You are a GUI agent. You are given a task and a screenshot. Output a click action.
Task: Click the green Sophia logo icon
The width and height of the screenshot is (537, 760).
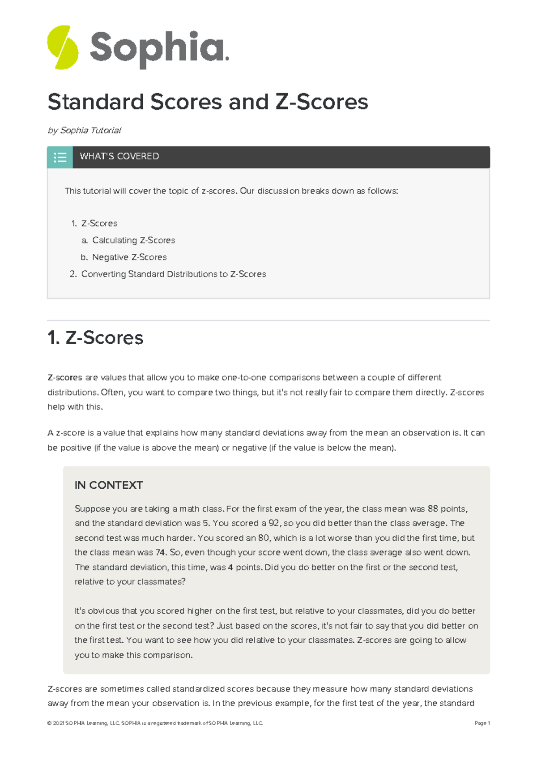point(63,47)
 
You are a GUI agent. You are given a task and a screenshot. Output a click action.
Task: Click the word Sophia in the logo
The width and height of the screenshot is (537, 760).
point(159,48)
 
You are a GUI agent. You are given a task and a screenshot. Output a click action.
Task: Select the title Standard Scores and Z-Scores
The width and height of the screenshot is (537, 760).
point(208,102)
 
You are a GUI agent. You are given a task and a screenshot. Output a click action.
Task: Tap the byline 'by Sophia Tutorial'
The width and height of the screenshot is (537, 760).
point(84,130)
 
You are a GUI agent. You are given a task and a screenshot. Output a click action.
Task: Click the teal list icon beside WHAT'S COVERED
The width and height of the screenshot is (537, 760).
point(60,157)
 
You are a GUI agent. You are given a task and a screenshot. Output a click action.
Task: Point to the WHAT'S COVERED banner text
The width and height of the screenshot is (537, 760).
point(119,156)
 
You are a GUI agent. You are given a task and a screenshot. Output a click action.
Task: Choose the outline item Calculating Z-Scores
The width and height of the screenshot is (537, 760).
point(133,240)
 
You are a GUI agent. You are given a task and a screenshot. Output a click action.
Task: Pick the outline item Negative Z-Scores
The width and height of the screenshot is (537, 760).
point(129,257)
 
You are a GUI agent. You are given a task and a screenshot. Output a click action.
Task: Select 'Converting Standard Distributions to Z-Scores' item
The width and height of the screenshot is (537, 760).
point(174,274)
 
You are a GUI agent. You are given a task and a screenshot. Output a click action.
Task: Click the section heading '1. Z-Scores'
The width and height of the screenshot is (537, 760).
point(95,337)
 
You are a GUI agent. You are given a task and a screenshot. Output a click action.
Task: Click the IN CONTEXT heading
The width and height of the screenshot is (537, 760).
point(109,485)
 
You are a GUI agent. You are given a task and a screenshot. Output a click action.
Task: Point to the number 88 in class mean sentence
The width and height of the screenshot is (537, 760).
point(433,508)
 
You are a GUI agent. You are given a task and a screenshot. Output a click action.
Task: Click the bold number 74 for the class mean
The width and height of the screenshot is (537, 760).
point(161,552)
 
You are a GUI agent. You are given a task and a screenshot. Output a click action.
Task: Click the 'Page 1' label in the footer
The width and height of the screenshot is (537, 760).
point(482,723)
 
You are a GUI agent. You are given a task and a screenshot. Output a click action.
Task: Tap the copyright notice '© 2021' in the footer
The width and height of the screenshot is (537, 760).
point(55,723)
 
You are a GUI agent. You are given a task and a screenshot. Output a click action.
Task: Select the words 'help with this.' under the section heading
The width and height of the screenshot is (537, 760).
point(75,407)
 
